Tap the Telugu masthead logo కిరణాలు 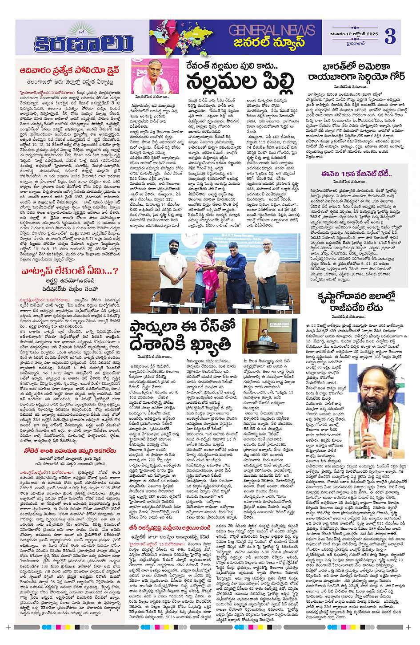coord(84,44)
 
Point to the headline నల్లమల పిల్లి coord(240,81)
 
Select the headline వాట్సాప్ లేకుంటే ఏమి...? coord(70,271)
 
